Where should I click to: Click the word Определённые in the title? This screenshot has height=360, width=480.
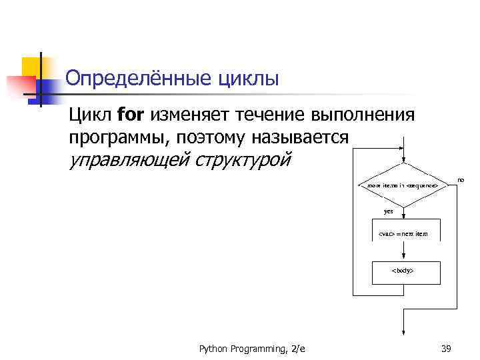tap(136, 79)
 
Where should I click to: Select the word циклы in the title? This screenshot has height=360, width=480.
tap(247, 79)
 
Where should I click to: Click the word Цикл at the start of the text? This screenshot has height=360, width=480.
tap(90, 115)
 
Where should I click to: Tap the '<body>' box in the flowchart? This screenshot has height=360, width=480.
tap(403, 271)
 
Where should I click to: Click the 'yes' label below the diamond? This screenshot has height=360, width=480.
tap(389, 211)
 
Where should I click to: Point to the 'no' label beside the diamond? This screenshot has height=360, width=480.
tap(460, 179)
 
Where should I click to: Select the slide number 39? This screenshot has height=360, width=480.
tap(447, 348)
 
